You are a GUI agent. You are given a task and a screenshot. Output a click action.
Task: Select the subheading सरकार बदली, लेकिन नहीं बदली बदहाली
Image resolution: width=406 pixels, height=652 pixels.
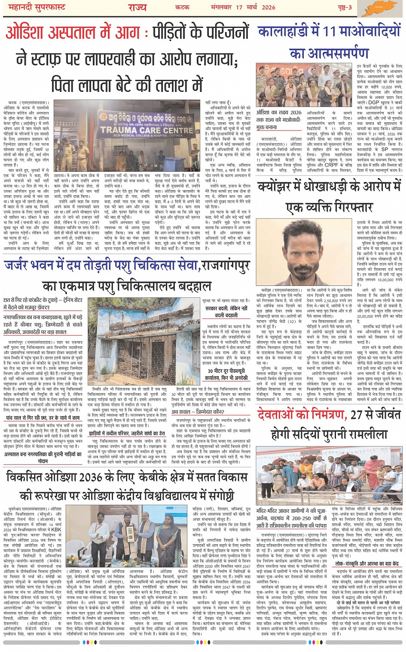pos(226,312)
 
